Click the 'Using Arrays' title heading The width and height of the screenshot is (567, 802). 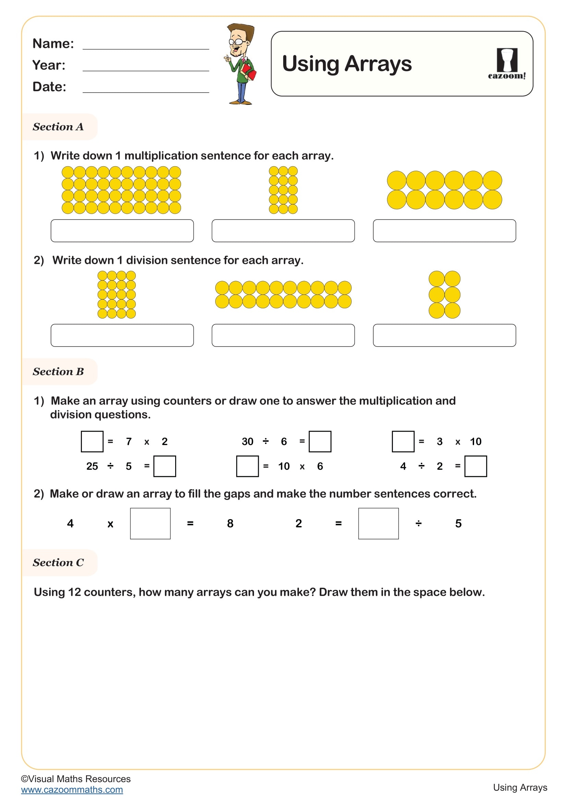(x=346, y=64)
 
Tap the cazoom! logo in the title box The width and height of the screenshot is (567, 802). (x=506, y=63)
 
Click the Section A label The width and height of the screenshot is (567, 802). (x=58, y=127)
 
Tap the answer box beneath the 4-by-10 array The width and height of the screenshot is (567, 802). (x=122, y=230)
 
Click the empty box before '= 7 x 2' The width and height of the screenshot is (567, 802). (x=92, y=442)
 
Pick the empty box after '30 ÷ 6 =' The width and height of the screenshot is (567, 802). (x=320, y=442)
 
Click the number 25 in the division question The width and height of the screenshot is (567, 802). (x=92, y=466)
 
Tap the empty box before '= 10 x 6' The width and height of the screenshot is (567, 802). (x=247, y=466)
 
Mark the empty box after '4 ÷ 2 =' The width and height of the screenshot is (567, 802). (x=475, y=466)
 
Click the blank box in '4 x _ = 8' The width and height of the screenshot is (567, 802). (x=150, y=524)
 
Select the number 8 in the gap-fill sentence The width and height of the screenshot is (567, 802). (x=230, y=523)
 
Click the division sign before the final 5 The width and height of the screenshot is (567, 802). (x=418, y=523)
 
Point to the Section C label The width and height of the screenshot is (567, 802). (x=58, y=563)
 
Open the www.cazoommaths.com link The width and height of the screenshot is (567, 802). (x=72, y=790)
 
